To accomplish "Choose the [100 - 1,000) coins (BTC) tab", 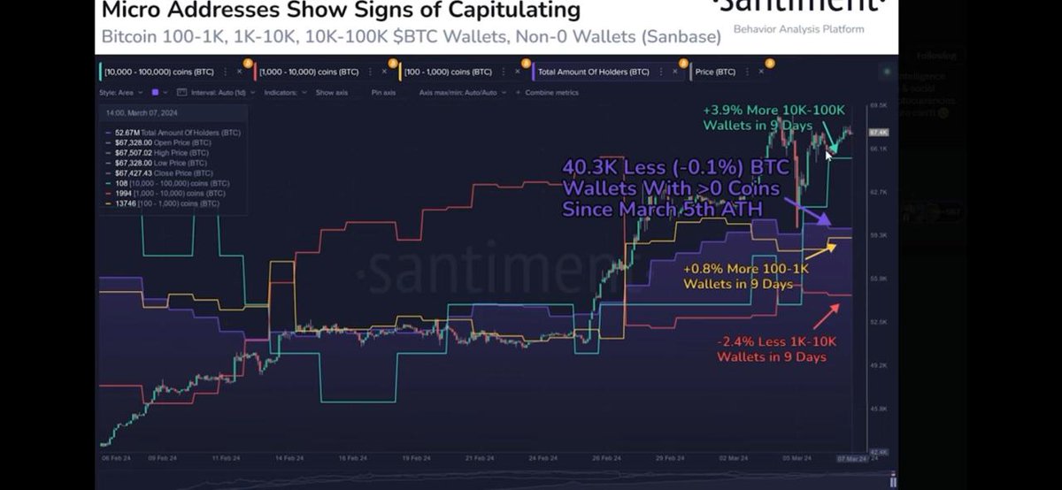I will click(450, 71).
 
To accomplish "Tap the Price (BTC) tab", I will click(714, 71).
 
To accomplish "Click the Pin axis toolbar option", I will click(383, 92).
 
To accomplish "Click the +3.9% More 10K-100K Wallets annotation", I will click(773, 117).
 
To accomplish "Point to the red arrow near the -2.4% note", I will click(827, 313).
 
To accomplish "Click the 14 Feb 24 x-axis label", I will click(283, 459).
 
